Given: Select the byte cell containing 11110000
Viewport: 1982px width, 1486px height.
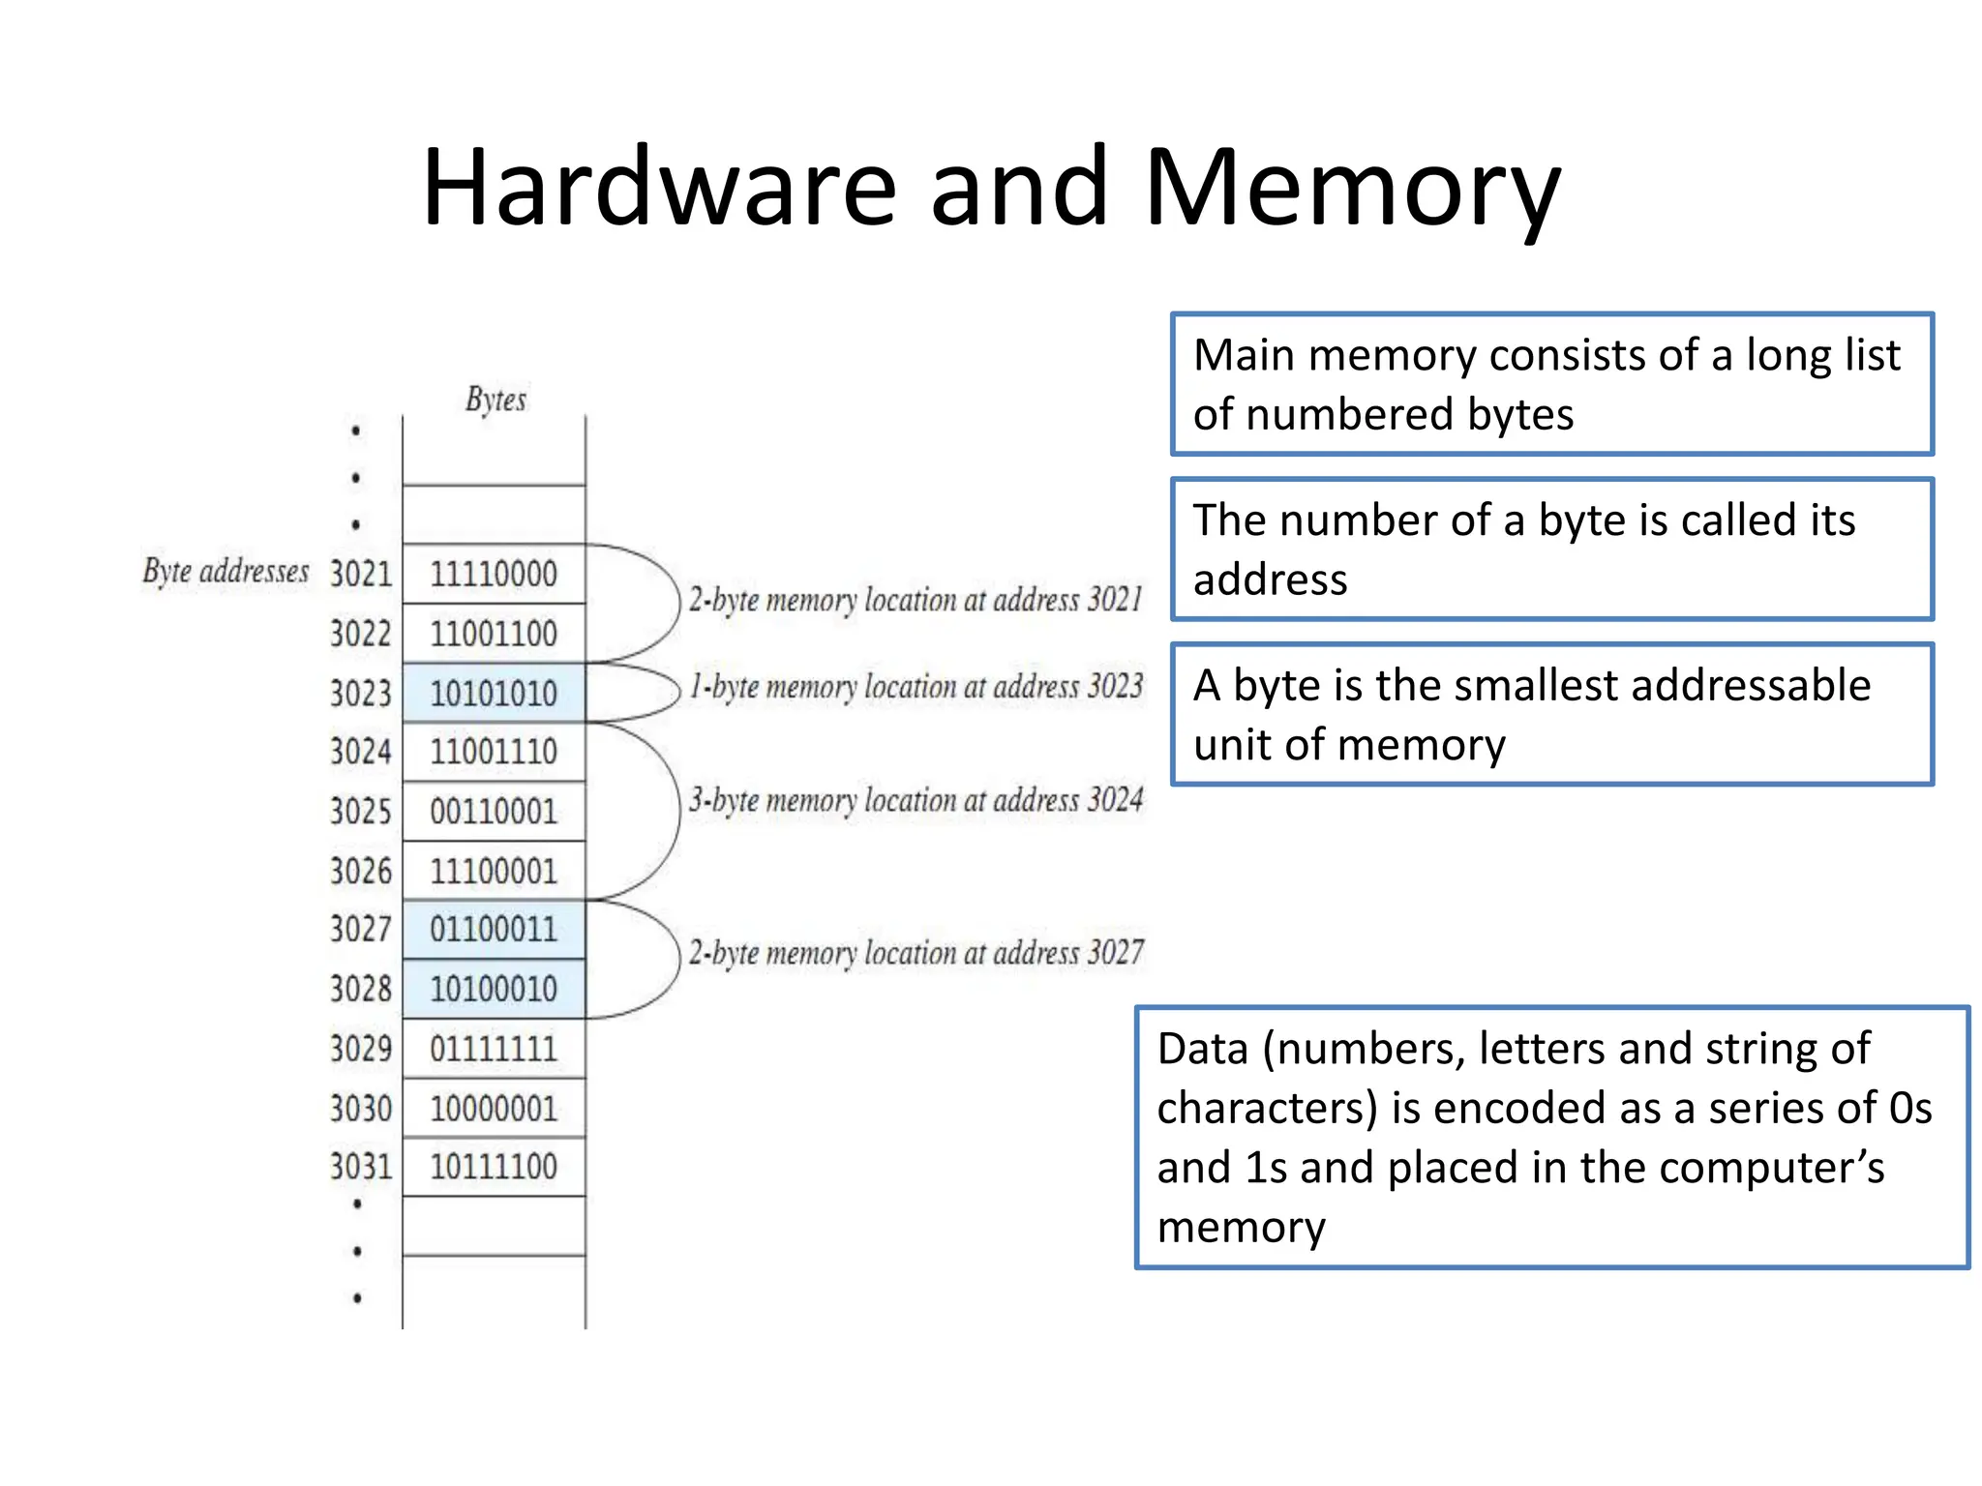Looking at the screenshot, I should [494, 574].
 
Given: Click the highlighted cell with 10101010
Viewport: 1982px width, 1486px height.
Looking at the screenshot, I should [494, 693].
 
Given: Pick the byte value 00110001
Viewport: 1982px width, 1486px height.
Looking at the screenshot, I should [494, 811].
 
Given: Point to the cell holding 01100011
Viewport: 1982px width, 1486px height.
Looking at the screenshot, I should [494, 930].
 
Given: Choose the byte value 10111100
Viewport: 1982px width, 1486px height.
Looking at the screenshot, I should [494, 1167].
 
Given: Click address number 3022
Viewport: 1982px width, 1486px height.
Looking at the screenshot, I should [361, 634].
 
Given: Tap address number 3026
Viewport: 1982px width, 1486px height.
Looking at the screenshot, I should [361, 871].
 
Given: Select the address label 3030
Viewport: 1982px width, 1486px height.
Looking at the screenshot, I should [361, 1108].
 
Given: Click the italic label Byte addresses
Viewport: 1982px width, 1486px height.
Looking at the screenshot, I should [225, 571].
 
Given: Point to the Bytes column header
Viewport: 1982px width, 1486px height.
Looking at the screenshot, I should [495, 399].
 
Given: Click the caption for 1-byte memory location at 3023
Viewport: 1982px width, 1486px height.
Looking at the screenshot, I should [916, 687].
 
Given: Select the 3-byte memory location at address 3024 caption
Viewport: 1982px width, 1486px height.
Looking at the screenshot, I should [916, 801].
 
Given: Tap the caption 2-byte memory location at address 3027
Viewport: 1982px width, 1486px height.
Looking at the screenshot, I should [916, 953].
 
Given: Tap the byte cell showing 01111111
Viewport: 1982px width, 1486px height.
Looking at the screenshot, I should [494, 1049].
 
